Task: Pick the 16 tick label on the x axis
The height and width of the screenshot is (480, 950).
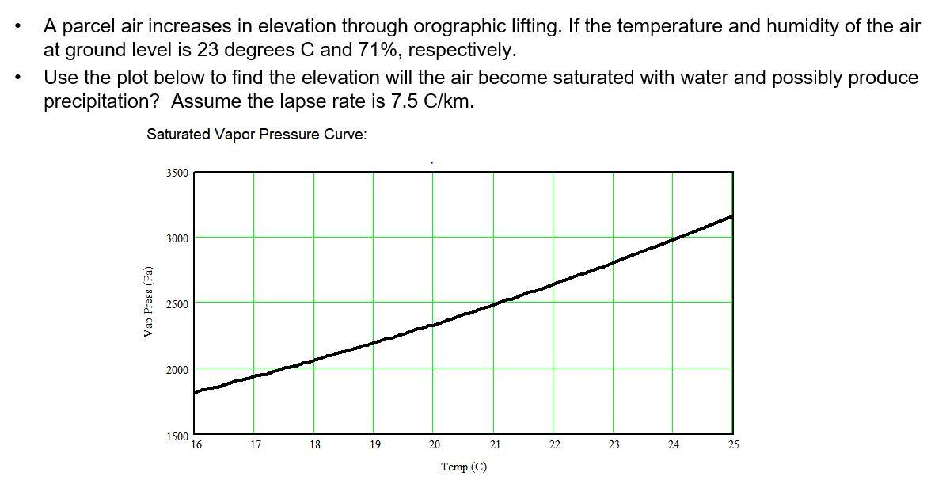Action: click(196, 445)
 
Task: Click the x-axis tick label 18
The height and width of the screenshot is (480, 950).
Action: click(315, 445)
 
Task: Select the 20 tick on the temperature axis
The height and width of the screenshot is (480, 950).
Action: click(434, 445)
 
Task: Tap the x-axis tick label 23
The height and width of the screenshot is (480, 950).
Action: click(614, 445)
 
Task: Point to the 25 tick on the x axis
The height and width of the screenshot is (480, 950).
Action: click(733, 445)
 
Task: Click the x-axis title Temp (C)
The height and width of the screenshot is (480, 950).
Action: click(464, 467)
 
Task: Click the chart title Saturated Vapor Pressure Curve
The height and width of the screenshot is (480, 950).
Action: click(256, 135)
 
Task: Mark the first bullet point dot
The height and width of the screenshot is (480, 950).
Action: click(17, 27)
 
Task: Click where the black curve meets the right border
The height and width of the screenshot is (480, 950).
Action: click(732, 215)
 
